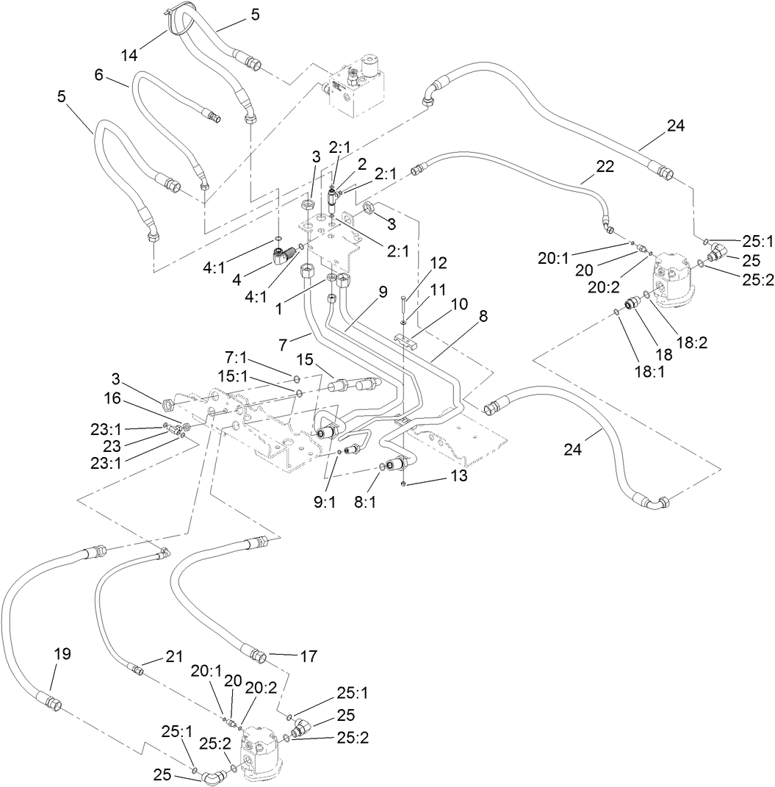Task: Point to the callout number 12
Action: [x=438, y=262]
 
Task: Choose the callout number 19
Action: [x=62, y=653]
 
